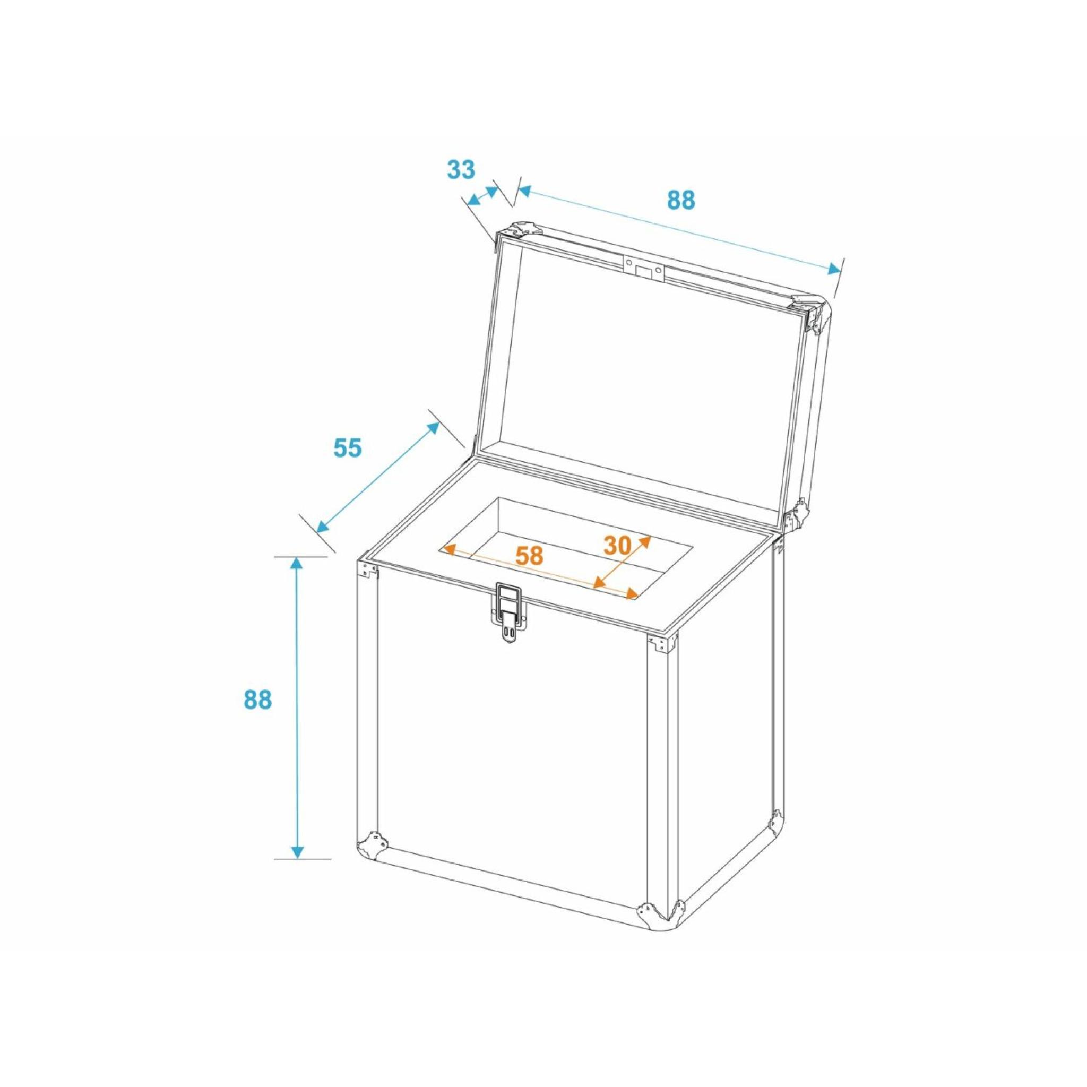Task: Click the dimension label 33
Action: (461, 169)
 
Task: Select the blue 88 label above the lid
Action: (681, 200)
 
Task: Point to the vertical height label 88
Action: (257, 700)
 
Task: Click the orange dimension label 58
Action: (530, 556)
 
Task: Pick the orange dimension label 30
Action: (618, 545)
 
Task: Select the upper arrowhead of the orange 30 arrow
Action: (645, 540)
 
